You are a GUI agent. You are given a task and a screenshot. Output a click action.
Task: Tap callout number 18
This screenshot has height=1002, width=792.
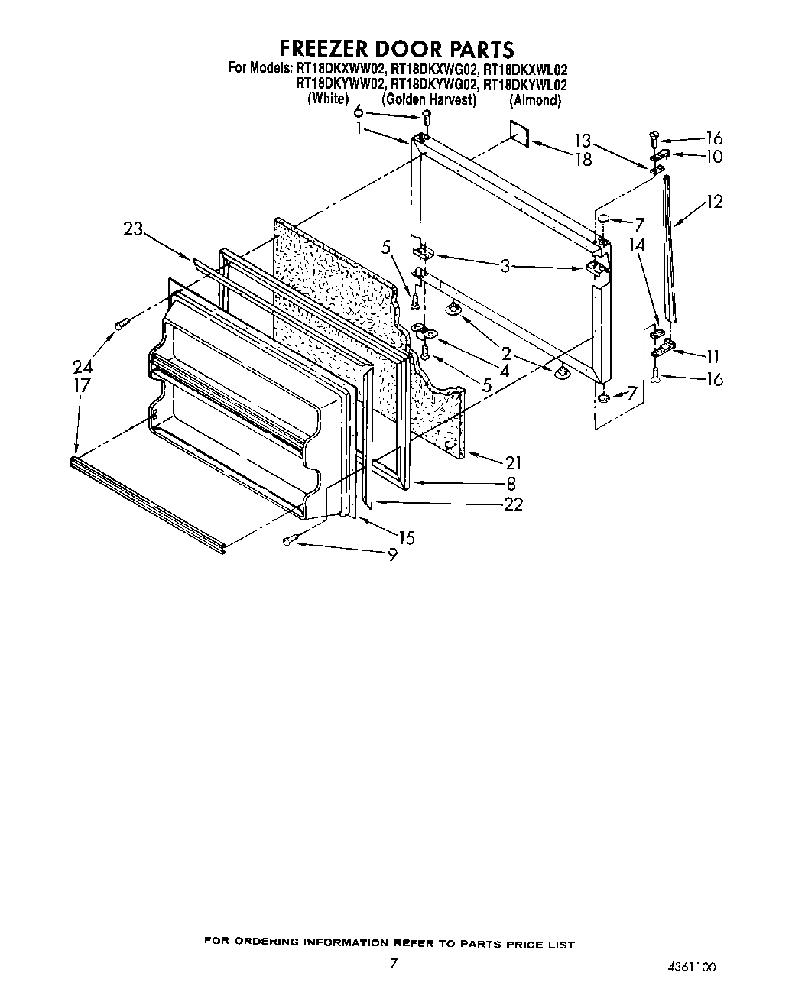[x=583, y=159]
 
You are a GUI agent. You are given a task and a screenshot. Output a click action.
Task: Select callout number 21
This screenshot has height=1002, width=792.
[x=512, y=462]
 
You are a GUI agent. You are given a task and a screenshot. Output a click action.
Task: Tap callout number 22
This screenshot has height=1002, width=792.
[x=514, y=504]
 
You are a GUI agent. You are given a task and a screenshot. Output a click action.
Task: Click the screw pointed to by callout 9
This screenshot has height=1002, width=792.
[x=288, y=541]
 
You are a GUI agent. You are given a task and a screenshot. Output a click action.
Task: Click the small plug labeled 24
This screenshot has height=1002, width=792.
[x=120, y=325]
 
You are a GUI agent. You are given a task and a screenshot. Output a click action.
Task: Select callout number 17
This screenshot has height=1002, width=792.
[x=82, y=385]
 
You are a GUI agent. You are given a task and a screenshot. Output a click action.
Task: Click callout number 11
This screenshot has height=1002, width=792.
[x=712, y=355]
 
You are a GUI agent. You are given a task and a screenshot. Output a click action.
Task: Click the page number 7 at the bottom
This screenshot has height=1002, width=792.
[x=394, y=963]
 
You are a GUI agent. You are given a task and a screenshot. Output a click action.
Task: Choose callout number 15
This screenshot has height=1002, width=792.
[x=406, y=538]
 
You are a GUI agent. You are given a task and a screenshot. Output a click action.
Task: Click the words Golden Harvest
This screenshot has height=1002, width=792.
[x=429, y=100]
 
